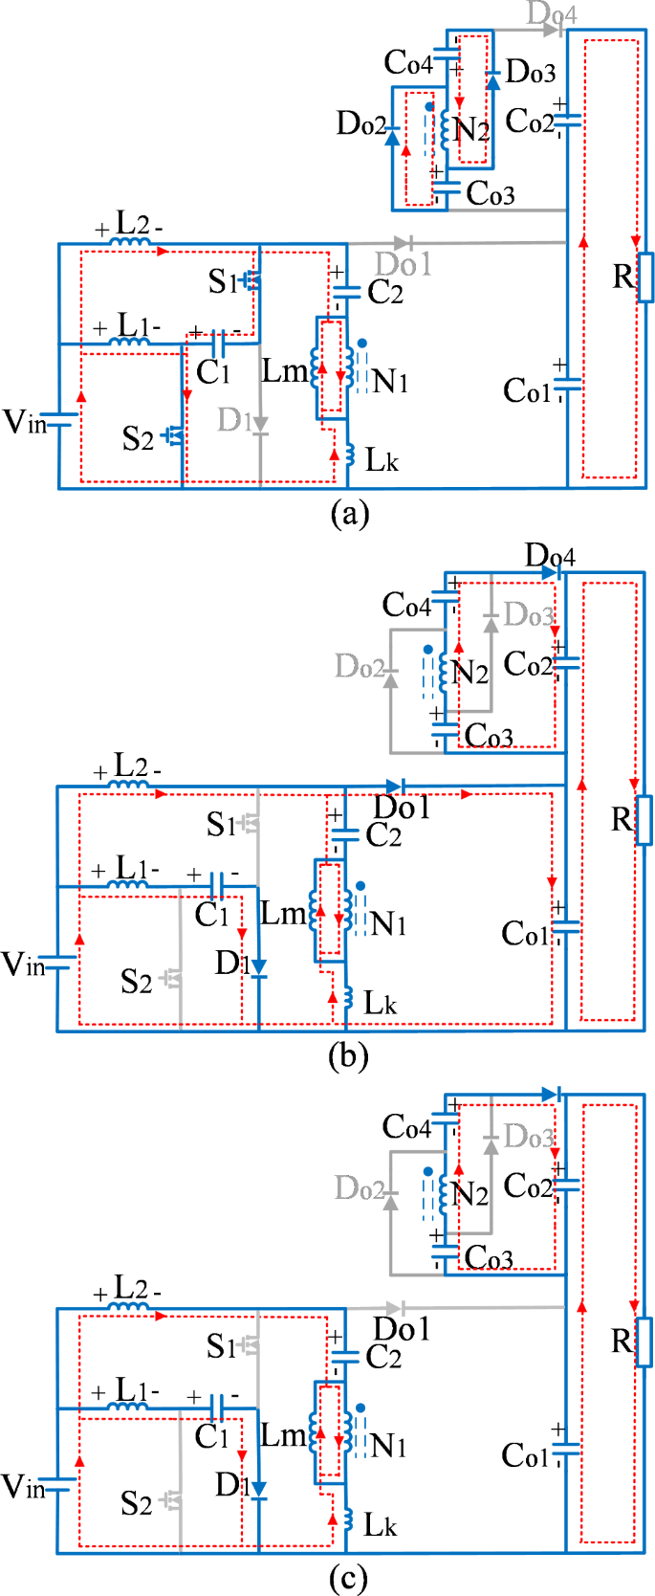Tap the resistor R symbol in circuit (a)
(646, 277)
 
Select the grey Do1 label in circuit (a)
(403, 264)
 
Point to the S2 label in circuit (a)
(138, 438)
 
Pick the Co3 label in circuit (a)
(490, 194)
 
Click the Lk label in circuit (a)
(382, 460)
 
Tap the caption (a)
(348, 514)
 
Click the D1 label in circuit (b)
(229, 963)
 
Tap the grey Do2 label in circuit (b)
(360, 666)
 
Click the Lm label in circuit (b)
(283, 914)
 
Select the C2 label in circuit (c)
(383, 1357)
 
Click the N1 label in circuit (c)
(388, 1445)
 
